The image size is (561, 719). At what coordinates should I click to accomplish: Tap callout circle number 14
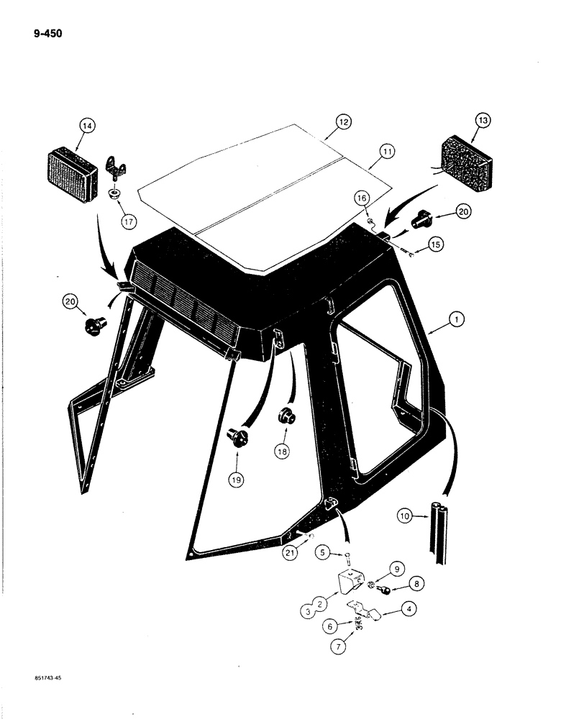[x=87, y=127]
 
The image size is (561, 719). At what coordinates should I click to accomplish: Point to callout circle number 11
[x=388, y=152]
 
